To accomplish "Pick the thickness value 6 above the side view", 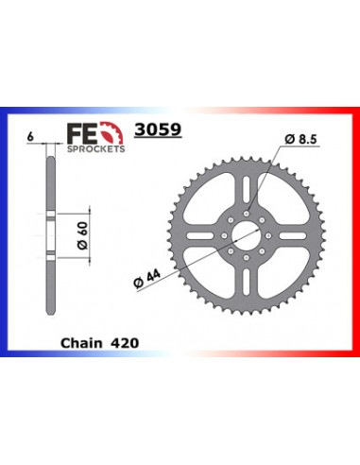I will (32, 136).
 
